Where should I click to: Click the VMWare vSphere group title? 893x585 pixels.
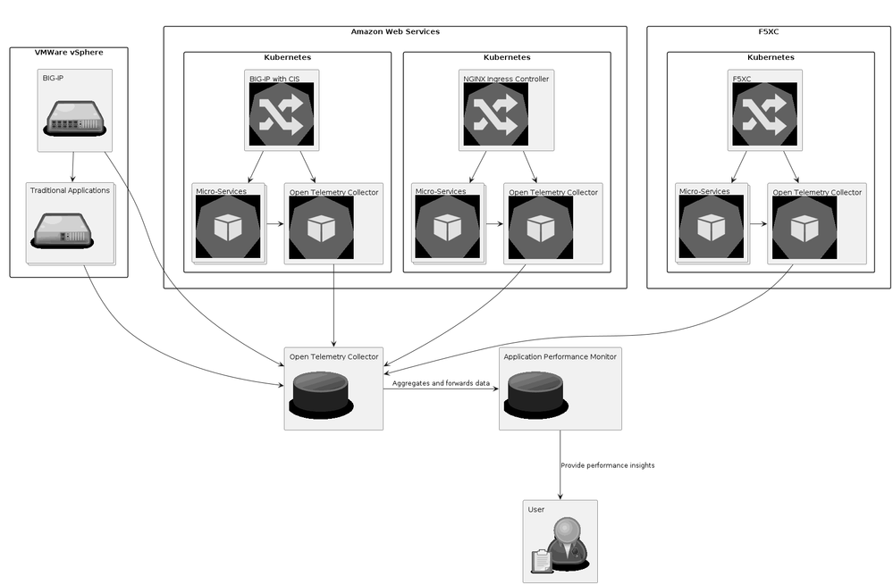69,53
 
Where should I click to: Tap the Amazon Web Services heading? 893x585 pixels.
395,31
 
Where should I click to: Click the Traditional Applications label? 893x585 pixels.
70,190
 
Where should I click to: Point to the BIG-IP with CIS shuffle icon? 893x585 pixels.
281,115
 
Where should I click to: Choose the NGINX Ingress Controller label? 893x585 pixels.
506,79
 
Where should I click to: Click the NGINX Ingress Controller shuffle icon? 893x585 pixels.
495,115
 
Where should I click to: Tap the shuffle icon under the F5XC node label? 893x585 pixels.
764,115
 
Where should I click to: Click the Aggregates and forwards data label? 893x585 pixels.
441,383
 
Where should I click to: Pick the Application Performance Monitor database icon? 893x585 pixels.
535,392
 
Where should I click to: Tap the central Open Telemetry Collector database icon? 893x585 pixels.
320,392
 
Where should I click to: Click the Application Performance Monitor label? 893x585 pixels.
560,356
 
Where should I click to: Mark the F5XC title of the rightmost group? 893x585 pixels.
770,31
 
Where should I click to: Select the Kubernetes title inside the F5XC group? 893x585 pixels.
771,57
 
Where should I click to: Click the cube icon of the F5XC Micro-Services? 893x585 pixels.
712,228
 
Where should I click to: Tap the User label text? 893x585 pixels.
536,509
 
